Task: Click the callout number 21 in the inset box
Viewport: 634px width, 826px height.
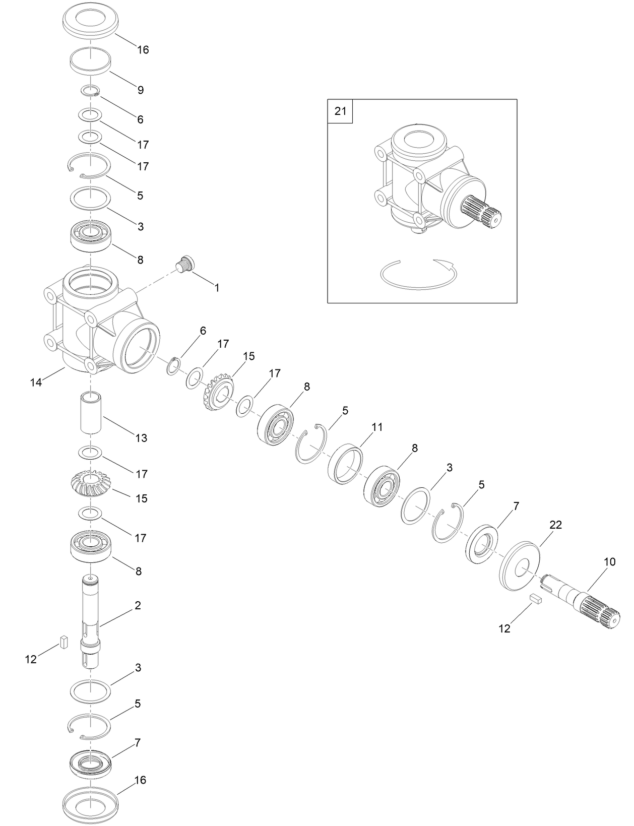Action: coord(340,111)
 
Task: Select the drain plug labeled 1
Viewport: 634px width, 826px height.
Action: coord(185,264)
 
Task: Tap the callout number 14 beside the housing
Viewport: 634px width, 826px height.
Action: coord(36,383)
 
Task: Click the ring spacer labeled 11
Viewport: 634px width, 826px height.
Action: coord(346,464)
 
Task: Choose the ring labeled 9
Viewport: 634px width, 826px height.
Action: coord(90,61)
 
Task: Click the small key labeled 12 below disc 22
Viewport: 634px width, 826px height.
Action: coord(535,598)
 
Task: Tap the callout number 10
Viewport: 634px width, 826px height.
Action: coord(609,562)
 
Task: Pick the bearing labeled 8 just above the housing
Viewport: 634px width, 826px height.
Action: coord(90,235)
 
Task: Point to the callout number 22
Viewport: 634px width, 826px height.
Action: coord(555,525)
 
